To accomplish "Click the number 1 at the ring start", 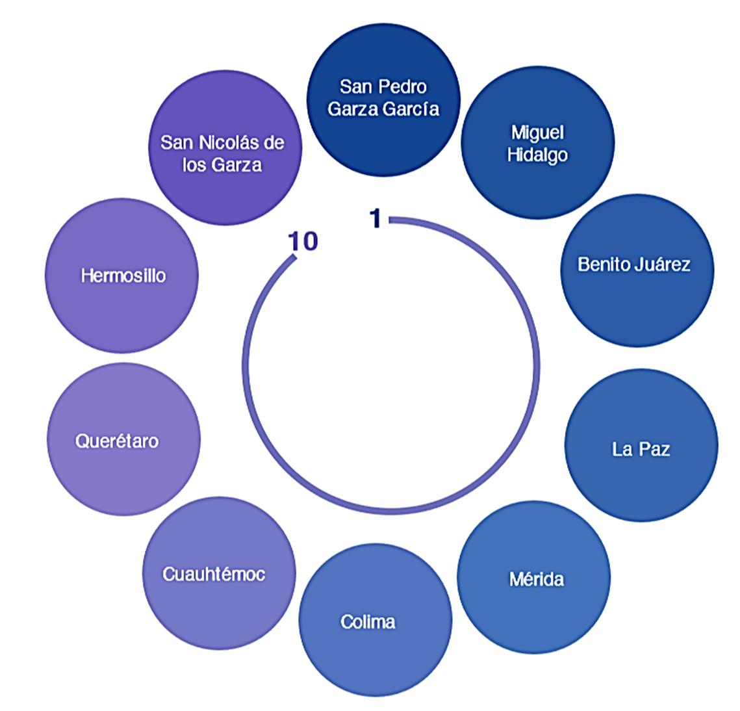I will tap(375, 219).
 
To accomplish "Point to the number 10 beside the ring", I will tap(303, 241).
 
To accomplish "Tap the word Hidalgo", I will tap(537, 155).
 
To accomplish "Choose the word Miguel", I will tap(537, 133).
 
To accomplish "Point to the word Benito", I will tap(604, 265).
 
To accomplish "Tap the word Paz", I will tap(654, 449).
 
